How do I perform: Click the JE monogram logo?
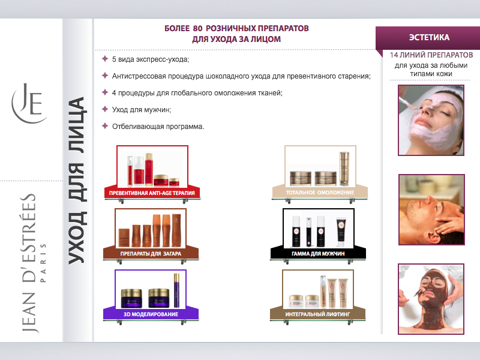[29, 103]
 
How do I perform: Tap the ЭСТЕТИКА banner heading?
[429, 37]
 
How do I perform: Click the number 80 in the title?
[197, 28]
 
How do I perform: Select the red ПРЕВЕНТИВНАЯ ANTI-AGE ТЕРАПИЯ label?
[152, 193]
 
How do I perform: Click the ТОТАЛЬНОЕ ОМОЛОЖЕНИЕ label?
[320, 193]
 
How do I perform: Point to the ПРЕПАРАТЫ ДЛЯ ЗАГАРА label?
[151, 254]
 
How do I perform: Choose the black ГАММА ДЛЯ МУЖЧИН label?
[318, 254]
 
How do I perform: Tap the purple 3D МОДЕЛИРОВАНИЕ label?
[151, 314]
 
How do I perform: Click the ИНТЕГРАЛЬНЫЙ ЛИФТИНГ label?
[317, 314]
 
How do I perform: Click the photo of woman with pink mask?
[431, 121]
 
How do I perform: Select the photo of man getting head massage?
[431, 209]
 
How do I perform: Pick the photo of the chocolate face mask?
[431, 299]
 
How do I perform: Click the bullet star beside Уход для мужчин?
[105, 109]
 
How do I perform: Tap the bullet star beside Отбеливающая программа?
[105, 126]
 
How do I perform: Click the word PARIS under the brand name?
[43, 263]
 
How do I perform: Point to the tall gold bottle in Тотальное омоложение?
[344, 168]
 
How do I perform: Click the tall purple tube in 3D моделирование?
[176, 290]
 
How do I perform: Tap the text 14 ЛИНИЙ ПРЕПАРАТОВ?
[431, 55]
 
